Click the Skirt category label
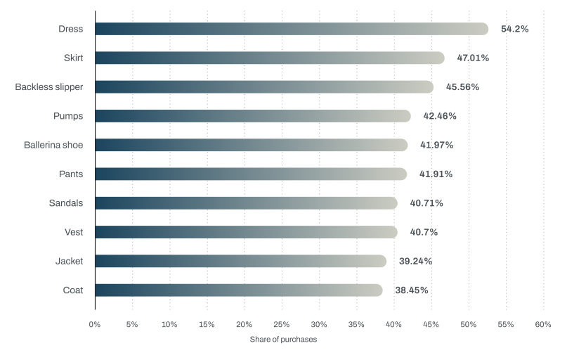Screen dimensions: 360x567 (73, 58)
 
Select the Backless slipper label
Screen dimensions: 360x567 (49, 87)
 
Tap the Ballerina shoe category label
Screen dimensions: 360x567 (53, 145)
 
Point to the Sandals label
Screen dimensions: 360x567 (66, 203)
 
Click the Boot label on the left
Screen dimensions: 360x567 (72, 290)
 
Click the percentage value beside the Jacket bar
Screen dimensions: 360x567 (415, 261)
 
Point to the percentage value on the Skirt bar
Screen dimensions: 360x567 (472, 58)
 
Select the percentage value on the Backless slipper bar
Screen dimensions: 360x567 (462, 87)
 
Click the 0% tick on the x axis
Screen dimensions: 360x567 (95, 325)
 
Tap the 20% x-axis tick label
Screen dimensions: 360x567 (244, 325)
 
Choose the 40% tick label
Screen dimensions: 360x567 (393, 325)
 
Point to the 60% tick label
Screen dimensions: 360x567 (542, 325)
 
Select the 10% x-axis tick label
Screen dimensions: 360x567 (169, 325)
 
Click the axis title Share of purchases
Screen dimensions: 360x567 (283, 340)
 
